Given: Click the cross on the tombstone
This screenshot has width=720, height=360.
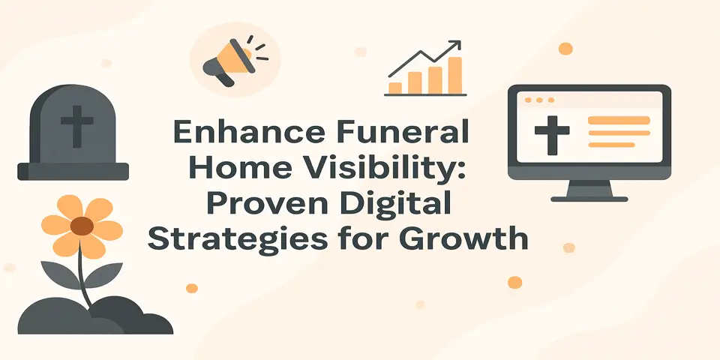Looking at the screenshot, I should (x=73, y=127).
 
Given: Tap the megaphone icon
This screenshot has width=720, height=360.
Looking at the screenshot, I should (x=226, y=61).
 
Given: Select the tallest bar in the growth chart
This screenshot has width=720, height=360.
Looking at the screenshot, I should (x=454, y=75).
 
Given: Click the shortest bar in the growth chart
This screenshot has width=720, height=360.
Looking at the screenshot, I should (x=395, y=88).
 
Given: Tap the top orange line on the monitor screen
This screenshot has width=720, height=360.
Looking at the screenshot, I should (x=619, y=120).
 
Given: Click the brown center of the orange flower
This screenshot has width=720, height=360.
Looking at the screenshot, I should (x=82, y=226).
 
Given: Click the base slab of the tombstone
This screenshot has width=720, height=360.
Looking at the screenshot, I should (x=73, y=171).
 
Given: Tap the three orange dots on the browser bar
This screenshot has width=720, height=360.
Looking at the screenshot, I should (x=539, y=100).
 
